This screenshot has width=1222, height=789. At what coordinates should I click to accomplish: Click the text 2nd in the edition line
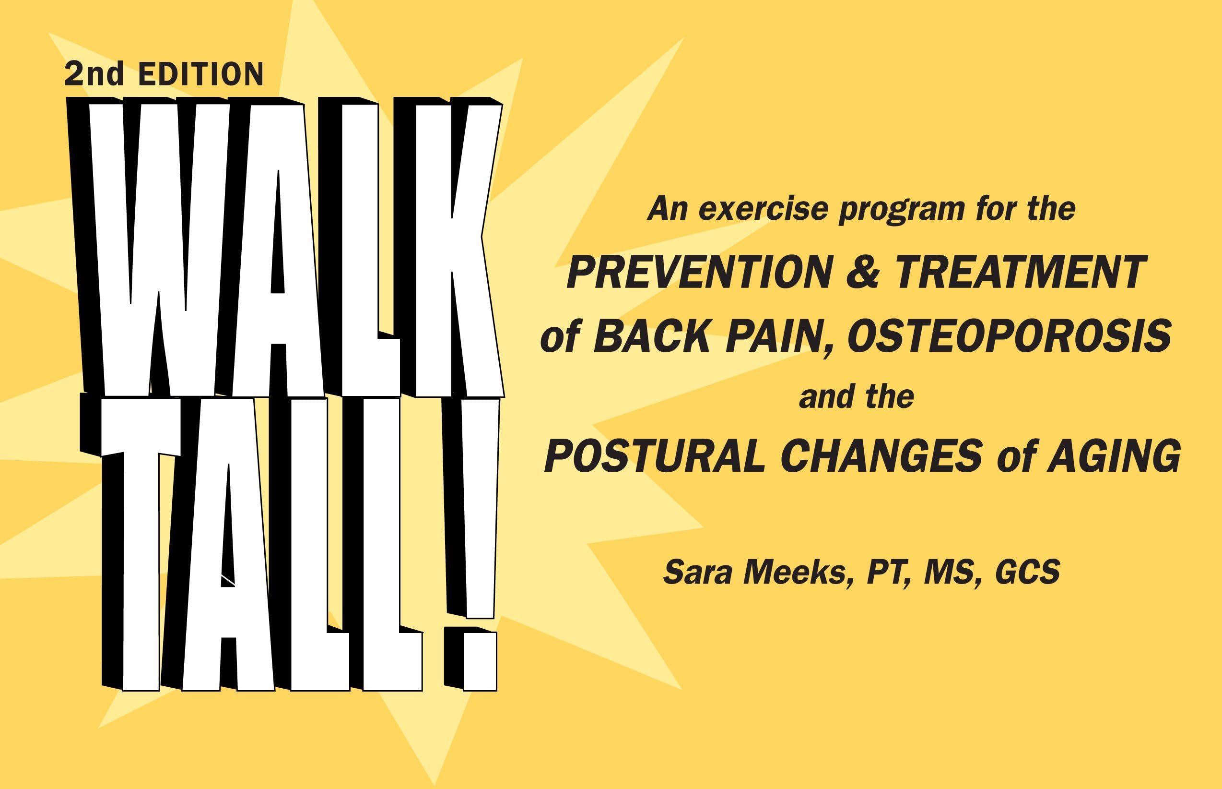pyautogui.click(x=94, y=74)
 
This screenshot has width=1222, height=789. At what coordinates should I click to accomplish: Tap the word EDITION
pyautogui.click(x=200, y=75)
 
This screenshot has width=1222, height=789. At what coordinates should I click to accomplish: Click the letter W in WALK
pyautogui.click(x=153, y=246)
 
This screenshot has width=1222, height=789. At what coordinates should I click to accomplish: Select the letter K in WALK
pyautogui.click(x=456, y=246)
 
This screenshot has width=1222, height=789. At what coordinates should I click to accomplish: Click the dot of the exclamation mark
pyautogui.click(x=479, y=661)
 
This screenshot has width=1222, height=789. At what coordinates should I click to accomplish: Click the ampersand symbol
pyautogui.click(x=862, y=273)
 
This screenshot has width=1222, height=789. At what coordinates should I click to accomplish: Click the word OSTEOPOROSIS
pyautogui.click(x=1009, y=336)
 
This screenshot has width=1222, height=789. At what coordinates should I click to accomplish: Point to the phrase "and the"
pyautogui.click(x=856, y=397)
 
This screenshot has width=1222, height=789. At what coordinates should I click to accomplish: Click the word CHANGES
pyautogui.click(x=881, y=456)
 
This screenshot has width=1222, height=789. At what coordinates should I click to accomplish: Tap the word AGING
pyautogui.click(x=1114, y=456)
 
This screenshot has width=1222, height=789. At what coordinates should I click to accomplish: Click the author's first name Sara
pyautogui.click(x=697, y=572)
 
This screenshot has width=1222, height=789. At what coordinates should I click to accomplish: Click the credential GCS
pyautogui.click(x=1027, y=572)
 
